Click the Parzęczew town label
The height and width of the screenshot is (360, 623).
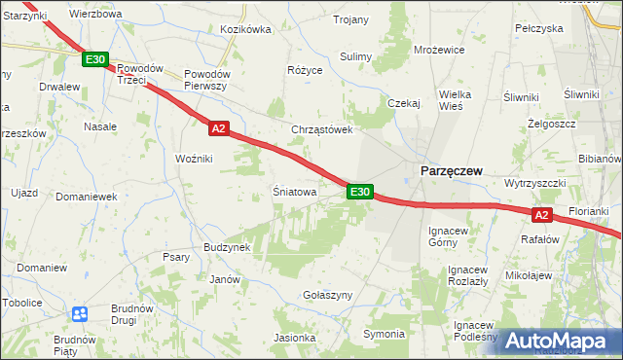click(x=451, y=170)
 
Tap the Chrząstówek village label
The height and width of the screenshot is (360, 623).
click(x=321, y=129)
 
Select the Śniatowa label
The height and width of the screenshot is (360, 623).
click(x=294, y=193)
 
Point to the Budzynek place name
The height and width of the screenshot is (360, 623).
click(x=227, y=247)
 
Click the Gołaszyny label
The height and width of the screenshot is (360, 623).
click(x=326, y=295)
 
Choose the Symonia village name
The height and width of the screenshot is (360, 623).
click(x=384, y=335)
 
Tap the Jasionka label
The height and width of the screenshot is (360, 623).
click(x=295, y=339)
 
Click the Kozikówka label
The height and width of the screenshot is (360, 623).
click(x=245, y=30)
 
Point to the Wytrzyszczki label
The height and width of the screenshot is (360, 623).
click(x=535, y=183)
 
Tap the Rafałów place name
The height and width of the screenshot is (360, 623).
click(x=540, y=239)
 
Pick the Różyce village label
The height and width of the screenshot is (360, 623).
click(x=304, y=71)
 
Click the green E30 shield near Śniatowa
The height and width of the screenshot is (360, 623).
click(x=359, y=193)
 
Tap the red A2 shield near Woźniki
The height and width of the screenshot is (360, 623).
click(x=218, y=127)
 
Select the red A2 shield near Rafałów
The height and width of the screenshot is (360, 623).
click(x=543, y=215)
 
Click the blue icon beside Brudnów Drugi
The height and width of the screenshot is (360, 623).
click(x=80, y=314)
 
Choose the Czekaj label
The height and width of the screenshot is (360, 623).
click(x=403, y=103)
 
